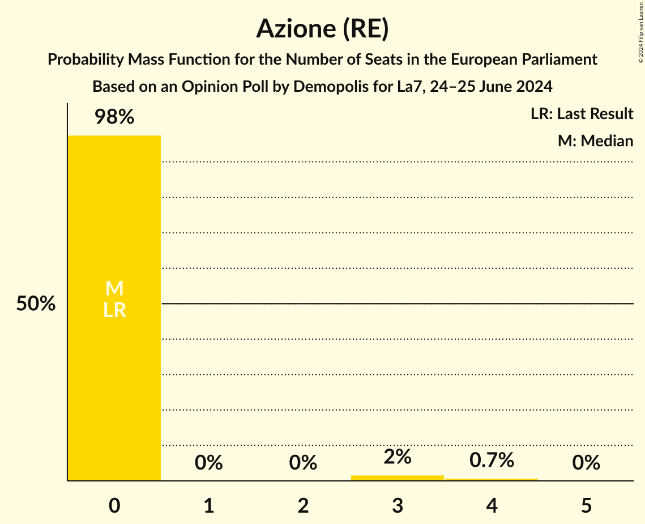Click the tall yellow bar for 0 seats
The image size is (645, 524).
pyautogui.click(x=114, y=369)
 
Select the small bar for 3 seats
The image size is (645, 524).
pyautogui.click(x=398, y=477)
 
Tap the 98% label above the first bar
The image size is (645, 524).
pyautogui.click(x=114, y=117)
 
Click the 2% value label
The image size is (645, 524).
pyautogui.click(x=398, y=457)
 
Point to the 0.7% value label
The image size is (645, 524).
pyautogui.click(x=492, y=460)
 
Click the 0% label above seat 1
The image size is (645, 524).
pyautogui.click(x=208, y=463)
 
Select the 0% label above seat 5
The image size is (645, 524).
pyautogui.click(x=586, y=463)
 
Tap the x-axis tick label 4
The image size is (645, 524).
pyautogui.click(x=492, y=505)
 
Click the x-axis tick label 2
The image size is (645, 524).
pyautogui.click(x=303, y=505)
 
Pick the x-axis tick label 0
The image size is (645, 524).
pyautogui.click(x=114, y=505)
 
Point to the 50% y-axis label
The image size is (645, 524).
pyautogui.click(x=36, y=304)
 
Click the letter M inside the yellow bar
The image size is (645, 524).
pyautogui.click(x=114, y=289)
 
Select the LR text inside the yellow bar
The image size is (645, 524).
pyautogui.click(x=114, y=310)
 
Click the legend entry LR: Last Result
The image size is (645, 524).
pyautogui.click(x=582, y=114)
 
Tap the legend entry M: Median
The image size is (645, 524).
pyautogui.click(x=595, y=141)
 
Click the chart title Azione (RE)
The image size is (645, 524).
pyautogui.click(x=322, y=29)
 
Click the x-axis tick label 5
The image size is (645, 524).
pyautogui.click(x=586, y=505)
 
